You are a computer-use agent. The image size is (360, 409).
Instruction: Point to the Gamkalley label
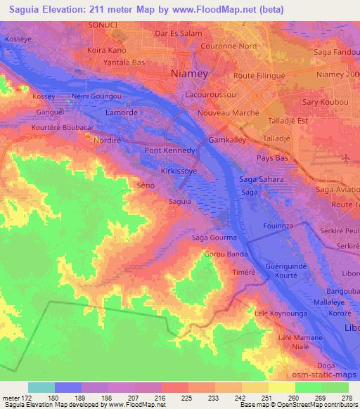[x=228, y=141]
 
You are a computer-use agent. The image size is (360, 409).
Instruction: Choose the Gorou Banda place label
[x=226, y=254]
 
